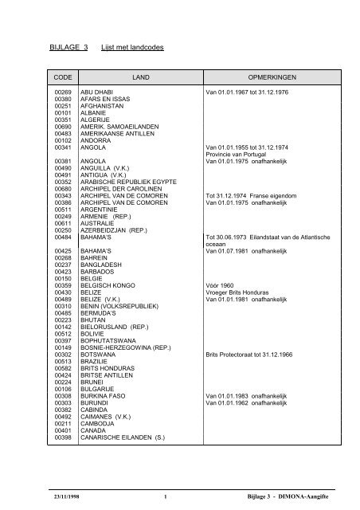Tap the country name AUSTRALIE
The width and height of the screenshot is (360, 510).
[101, 226]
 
